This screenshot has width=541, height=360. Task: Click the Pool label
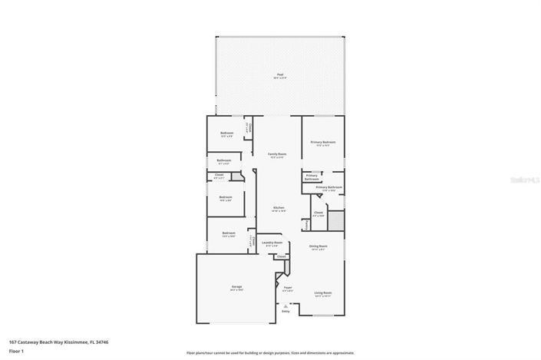[x=279, y=74]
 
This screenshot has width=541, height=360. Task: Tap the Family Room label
[x=277, y=154]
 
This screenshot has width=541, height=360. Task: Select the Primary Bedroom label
[x=323, y=142]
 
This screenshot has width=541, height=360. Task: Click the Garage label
[x=236, y=287]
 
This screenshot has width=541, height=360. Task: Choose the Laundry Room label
[x=272, y=243]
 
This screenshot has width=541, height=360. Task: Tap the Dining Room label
[x=318, y=246]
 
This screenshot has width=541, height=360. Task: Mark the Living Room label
[x=323, y=292]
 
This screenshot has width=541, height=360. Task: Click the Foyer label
[x=288, y=288]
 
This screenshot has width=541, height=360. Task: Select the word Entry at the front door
[x=286, y=311]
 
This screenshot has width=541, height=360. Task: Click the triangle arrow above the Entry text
[x=286, y=305]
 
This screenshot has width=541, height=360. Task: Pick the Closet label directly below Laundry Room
[x=281, y=256]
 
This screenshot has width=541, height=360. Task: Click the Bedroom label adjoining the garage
[x=229, y=233]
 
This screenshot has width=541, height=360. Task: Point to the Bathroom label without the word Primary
[x=224, y=160]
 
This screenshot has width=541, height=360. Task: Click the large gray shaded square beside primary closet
[x=335, y=220]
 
